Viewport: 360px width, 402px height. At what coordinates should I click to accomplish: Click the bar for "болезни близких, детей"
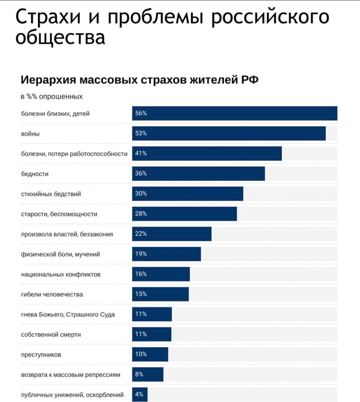click(235, 113)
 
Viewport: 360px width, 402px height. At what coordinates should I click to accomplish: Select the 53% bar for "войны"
click(229, 133)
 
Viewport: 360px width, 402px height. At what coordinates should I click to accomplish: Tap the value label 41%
click(141, 154)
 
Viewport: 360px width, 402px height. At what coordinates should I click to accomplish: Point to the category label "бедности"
click(35, 174)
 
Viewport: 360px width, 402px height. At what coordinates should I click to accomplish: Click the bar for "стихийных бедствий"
click(188, 194)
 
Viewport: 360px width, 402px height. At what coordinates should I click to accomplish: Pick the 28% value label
click(141, 213)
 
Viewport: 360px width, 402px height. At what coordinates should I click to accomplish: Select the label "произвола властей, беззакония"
click(67, 234)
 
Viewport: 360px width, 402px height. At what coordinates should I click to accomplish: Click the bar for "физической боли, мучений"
click(166, 254)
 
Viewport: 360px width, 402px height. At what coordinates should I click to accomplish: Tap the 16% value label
click(141, 274)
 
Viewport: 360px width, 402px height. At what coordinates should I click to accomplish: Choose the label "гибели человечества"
click(52, 294)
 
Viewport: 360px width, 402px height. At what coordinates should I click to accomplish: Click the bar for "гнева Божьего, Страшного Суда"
click(152, 314)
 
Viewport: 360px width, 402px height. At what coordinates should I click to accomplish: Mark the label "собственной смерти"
click(51, 334)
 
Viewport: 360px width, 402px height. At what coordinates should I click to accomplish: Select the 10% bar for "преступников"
click(150, 354)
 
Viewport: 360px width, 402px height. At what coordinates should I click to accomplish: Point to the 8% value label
click(139, 374)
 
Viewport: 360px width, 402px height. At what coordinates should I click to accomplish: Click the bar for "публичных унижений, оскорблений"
click(140, 394)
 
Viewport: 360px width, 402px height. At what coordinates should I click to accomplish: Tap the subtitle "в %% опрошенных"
click(52, 96)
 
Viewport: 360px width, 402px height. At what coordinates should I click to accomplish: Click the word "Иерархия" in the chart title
click(48, 79)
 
